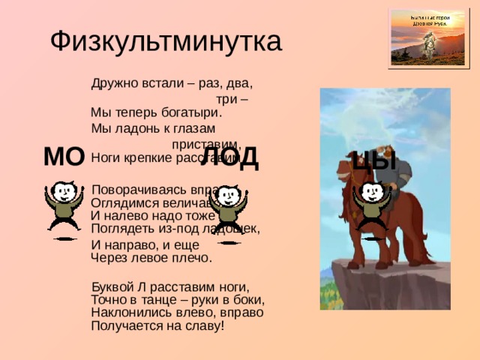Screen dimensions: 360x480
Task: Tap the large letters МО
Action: click(63, 157)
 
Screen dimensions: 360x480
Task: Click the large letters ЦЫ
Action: click(373, 159)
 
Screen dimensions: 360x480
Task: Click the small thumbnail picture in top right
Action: click(420, 36)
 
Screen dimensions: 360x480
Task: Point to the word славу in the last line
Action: click(203, 325)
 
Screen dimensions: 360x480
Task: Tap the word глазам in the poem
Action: click(196, 128)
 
